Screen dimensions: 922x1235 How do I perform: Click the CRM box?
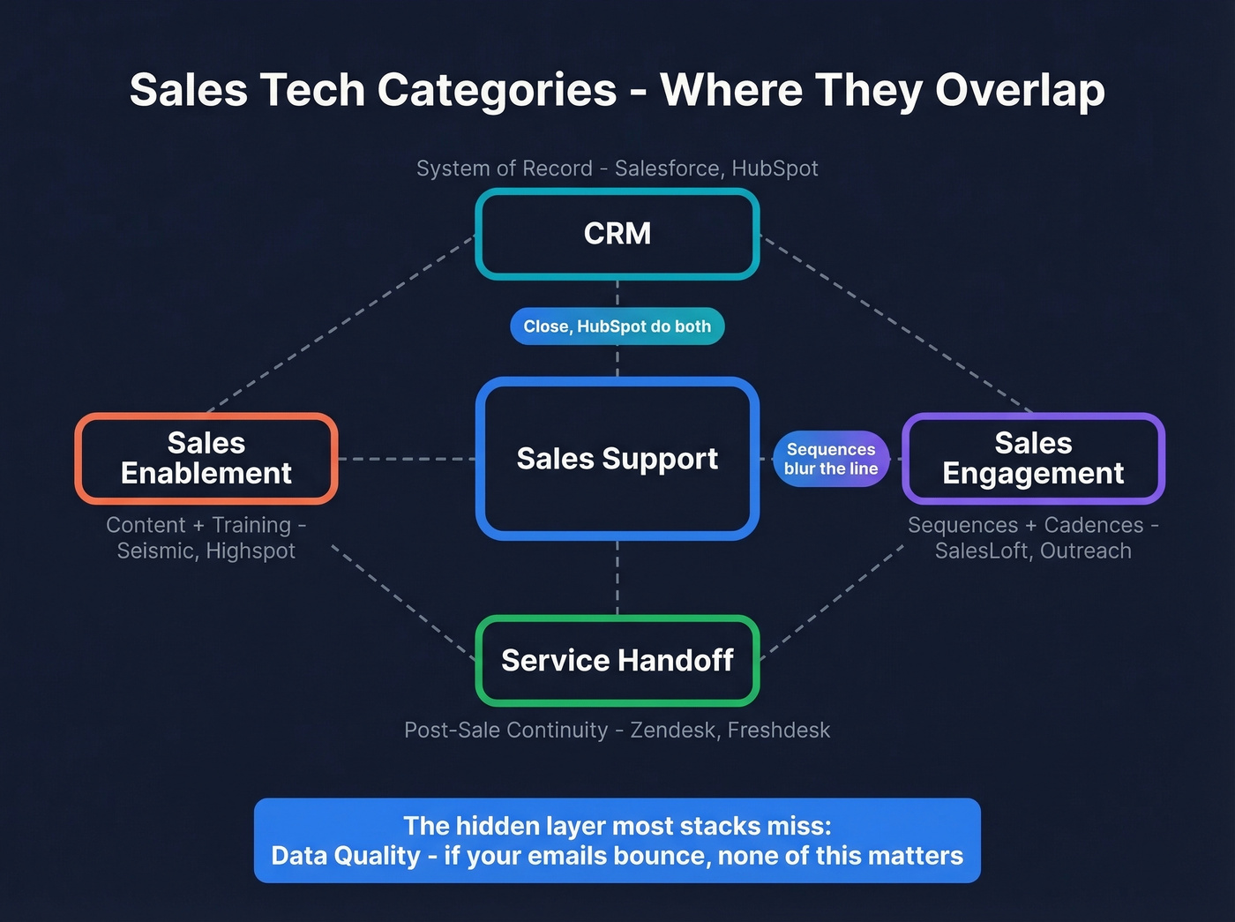[x=617, y=234]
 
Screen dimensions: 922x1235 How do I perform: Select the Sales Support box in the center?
[x=617, y=459]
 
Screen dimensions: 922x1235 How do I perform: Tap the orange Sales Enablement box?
[x=206, y=459]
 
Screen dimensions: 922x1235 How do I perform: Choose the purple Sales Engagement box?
[x=1033, y=459]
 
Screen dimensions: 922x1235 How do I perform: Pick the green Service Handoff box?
[x=617, y=661]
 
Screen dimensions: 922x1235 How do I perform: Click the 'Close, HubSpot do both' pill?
[x=617, y=326]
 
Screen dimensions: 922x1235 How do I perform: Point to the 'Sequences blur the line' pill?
[x=831, y=459]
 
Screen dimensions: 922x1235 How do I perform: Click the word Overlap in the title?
[x=1020, y=91]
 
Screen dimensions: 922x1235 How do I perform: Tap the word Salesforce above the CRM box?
[x=667, y=169]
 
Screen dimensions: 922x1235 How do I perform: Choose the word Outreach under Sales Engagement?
[x=1086, y=551]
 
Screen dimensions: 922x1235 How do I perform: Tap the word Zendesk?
[x=672, y=731]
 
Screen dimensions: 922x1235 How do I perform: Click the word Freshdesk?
[x=779, y=731]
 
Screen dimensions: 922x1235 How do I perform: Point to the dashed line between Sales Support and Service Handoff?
[x=617, y=578]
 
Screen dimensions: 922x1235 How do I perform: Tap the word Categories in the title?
[x=498, y=91]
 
